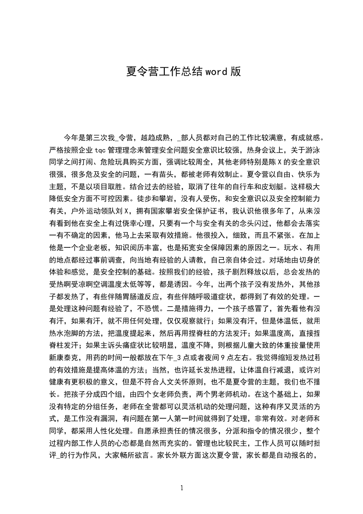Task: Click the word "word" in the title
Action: click(217, 72)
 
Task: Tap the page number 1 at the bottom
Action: click(182, 488)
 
